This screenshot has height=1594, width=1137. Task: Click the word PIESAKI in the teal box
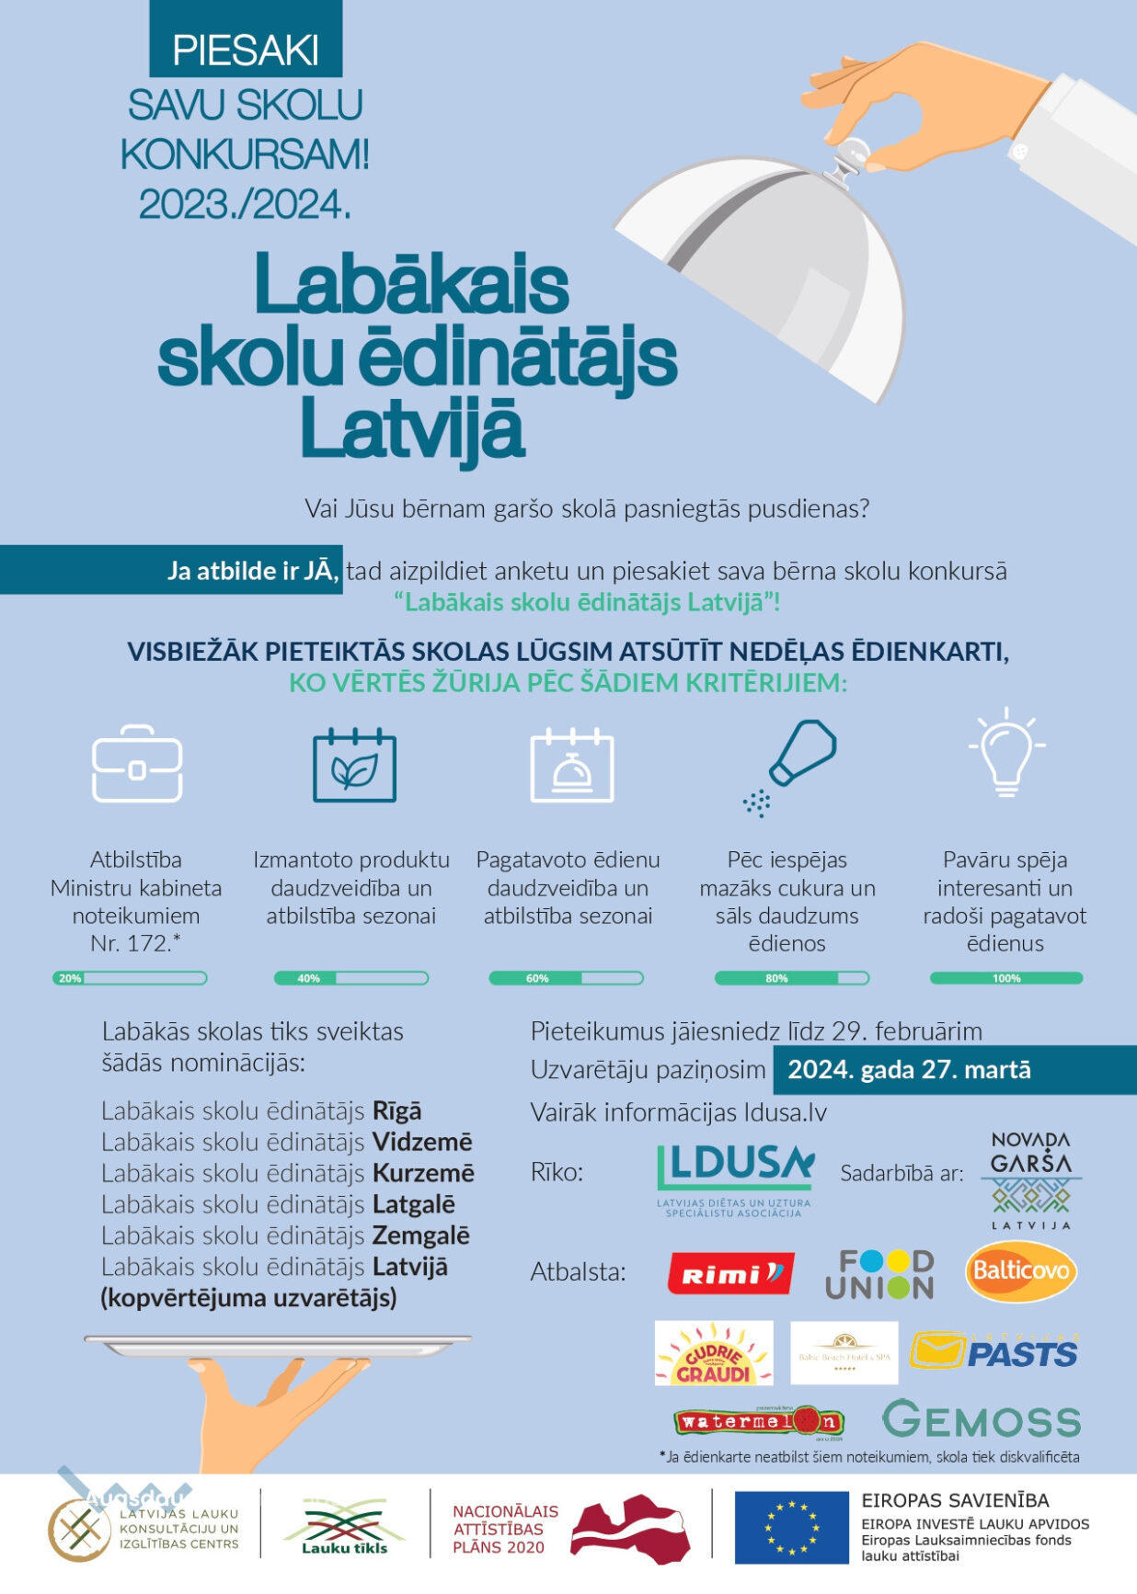click(x=246, y=51)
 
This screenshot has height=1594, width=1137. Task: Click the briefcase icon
click(x=137, y=764)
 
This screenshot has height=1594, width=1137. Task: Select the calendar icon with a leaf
click(x=354, y=766)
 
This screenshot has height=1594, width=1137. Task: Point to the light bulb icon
click(x=1006, y=752)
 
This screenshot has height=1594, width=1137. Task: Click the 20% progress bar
click(x=130, y=978)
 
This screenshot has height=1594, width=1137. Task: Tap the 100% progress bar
click(x=1006, y=978)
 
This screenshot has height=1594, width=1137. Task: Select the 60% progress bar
click(x=566, y=978)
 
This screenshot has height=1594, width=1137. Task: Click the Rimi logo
click(x=730, y=1273)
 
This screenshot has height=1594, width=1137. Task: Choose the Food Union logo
click(x=879, y=1273)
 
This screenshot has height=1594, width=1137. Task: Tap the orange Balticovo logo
click(x=1021, y=1271)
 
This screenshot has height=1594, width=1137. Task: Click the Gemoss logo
click(x=982, y=1420)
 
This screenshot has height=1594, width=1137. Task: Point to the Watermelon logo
click(x=759, y=1422)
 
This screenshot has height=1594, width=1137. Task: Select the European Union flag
click(x=791, y=1527)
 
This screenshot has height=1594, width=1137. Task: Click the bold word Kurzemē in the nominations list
click(x=423, y=1173)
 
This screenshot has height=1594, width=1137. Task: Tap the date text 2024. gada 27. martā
click(x=909, y=1070)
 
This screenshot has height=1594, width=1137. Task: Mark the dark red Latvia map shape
click(x=631, y=1528)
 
